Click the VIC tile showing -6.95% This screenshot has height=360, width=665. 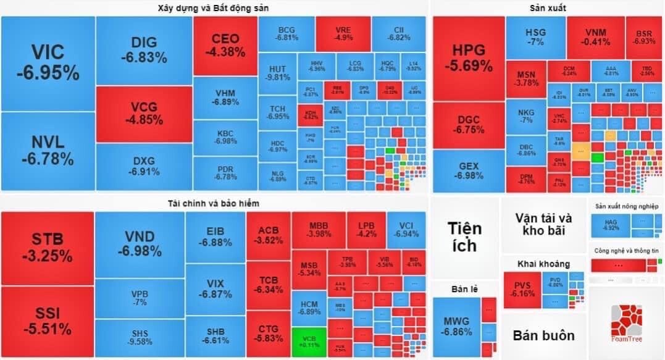48,62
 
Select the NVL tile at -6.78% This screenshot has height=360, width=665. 48,151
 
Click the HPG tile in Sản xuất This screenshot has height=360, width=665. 468,58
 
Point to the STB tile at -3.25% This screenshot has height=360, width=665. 48,247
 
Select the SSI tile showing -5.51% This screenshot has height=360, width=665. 48,320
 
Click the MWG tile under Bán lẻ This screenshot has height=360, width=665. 456,326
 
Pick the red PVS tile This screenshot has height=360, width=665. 522,290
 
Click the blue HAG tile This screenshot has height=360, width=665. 610,225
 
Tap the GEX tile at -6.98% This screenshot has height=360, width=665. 468,170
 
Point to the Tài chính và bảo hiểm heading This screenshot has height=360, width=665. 214,203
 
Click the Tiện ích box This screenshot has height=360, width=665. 464,237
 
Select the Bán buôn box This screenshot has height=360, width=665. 543,336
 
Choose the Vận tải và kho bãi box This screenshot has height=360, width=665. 543,224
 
